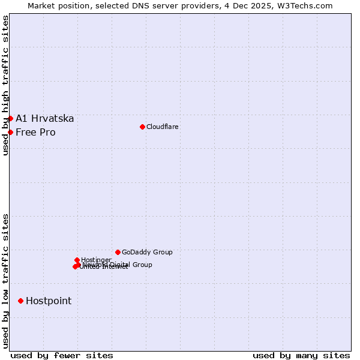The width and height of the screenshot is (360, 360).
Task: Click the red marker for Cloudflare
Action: click(x=142, y=127)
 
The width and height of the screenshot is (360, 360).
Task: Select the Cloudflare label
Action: click(x=163, y=127)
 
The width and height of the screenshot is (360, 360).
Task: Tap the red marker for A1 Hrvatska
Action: click(x=10, y=118)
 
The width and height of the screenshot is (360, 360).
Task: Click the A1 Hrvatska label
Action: click(x=45, y=118)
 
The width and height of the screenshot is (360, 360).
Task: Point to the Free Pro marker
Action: click(x=10, y=132)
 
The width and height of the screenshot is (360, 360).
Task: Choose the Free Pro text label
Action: click(x=35, y=132)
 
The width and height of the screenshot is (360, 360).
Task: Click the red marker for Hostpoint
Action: click(x=20, y=301)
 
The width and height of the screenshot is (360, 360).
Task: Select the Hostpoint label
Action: click(x=49, y=301)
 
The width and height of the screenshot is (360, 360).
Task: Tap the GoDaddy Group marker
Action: click(x=118, y=252)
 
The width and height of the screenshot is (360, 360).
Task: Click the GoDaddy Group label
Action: click(x=147, y=252)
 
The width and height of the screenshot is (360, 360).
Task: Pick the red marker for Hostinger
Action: click(x=77, y=260)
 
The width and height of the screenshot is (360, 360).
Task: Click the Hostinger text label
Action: click(x=97, y=260)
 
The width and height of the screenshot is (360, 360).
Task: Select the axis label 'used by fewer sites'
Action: click(x=62, y=355)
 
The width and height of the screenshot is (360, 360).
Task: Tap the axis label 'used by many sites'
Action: click(x=301, y=355)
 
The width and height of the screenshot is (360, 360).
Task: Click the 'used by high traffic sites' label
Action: click(x=5, y=85)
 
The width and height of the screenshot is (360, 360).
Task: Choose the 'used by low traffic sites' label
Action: click(x=5, y=280)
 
